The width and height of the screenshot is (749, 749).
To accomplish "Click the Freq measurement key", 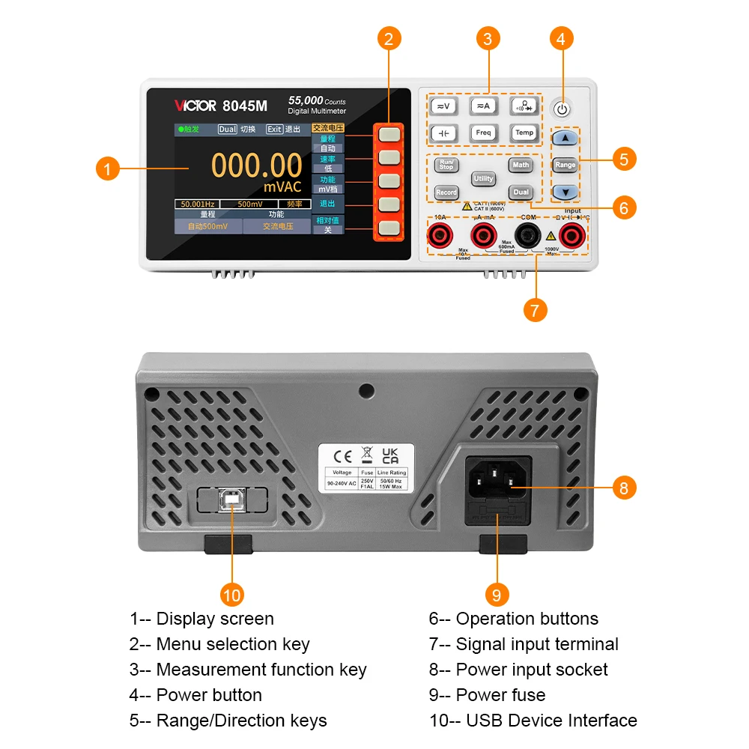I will click(483, 133).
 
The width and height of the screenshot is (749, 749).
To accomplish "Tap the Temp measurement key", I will click(524, 133).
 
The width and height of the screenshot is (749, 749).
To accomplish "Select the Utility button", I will click(483, 178).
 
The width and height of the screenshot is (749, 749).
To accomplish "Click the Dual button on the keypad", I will click(521, 192).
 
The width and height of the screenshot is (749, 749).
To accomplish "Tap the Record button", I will click(446, 192).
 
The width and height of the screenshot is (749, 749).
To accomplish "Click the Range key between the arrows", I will click(565, 165).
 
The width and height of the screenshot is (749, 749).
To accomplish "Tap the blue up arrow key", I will click(565, 139).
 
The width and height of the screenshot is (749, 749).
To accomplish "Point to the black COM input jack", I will click(530, 237).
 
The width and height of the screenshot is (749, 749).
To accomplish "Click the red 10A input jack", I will click(439, 237).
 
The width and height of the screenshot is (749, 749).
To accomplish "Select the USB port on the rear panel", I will click(232, 500).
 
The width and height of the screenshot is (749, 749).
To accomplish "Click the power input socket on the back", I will click(498, 477).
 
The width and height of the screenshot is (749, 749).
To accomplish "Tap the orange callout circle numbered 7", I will click(534, 310).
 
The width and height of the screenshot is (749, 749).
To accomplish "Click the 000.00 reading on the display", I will click(256, 165).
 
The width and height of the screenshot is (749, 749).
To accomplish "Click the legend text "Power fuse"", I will click(500, 695).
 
